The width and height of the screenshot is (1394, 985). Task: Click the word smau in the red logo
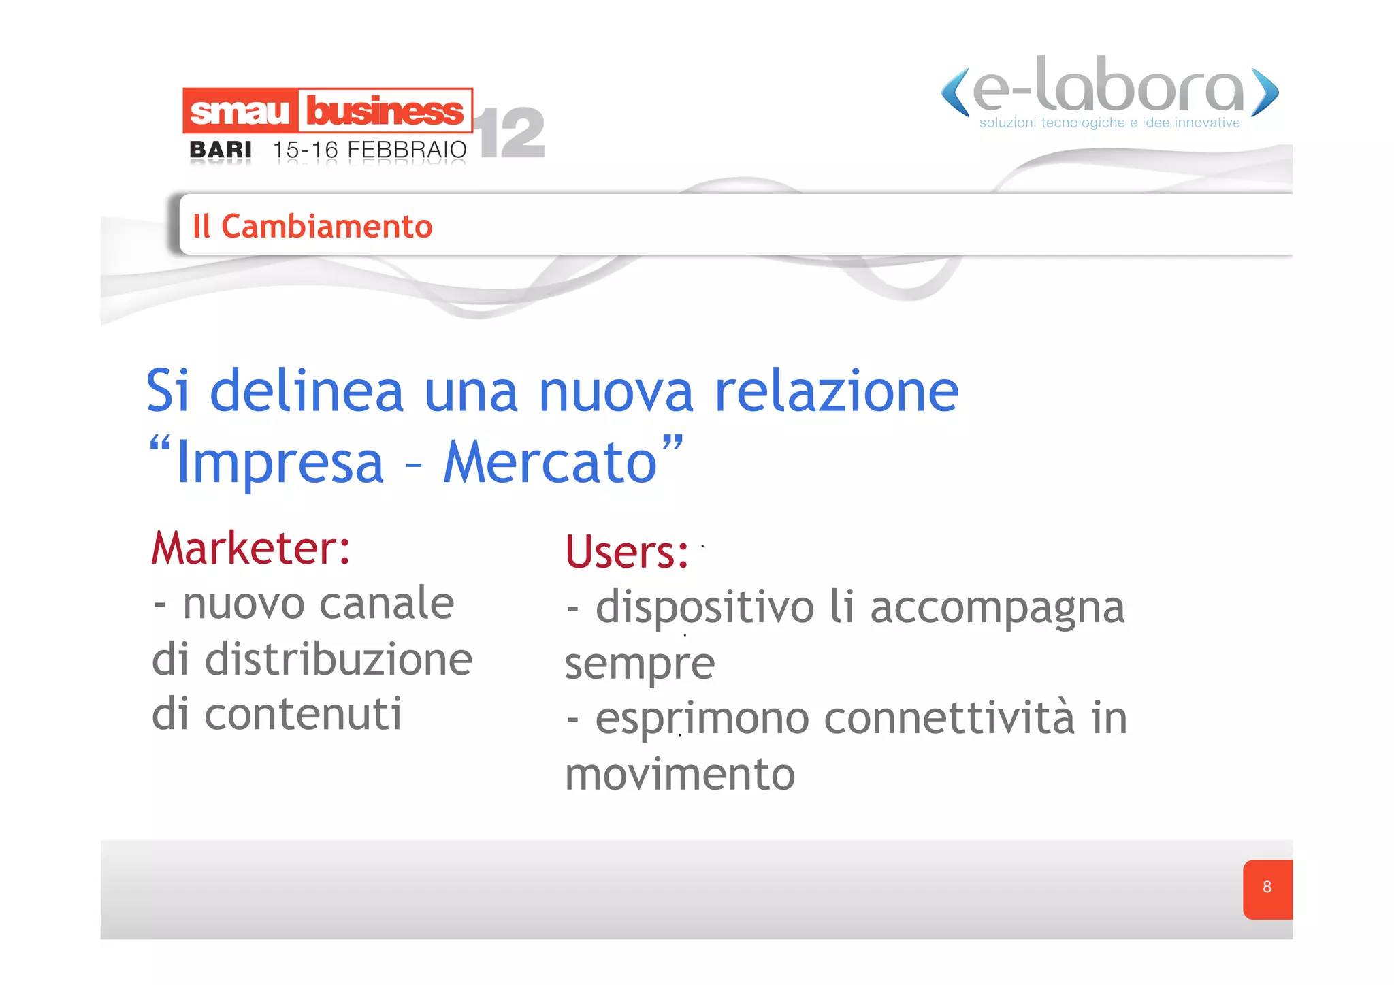tap(240, 112)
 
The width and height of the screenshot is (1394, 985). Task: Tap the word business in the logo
tap(385, 111)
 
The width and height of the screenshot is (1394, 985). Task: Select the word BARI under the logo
tap(221, 149)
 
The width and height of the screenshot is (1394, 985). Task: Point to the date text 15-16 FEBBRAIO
tap(370, 150)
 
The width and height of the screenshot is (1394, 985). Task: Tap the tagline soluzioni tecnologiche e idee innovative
tap(1109, 123)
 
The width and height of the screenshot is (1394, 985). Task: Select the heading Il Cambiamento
tap(312, 226)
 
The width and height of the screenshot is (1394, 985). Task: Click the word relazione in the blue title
tap(837, 392)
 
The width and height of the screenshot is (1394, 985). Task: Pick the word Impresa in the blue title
tap(280, 463)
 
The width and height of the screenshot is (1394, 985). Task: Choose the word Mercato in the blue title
tap(551, 463)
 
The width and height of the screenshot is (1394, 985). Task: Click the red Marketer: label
tap(250, 549)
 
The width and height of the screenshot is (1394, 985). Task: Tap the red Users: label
tap(627, 552)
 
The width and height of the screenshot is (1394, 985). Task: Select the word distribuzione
tap(338, 660)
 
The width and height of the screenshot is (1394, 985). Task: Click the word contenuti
tap(303, 715)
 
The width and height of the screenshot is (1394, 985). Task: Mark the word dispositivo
tap(704, 608)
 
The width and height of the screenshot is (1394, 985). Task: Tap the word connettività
tap(950, 719)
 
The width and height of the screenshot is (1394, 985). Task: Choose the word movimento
tap(680, 775)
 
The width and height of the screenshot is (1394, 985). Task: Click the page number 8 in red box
tap(1267, 888)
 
